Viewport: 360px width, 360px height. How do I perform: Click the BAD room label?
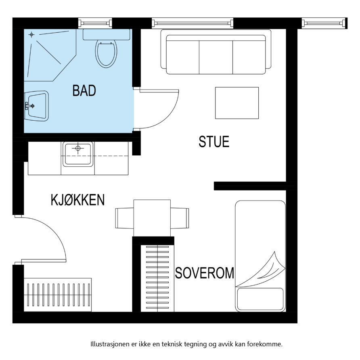84,90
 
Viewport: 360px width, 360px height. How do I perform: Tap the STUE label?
214,141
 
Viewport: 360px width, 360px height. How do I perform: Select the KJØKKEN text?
77,200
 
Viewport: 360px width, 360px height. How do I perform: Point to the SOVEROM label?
205,273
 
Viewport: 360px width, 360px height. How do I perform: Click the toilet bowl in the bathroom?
106,53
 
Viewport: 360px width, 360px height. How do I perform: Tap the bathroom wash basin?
37,106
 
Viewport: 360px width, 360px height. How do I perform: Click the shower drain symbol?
31,35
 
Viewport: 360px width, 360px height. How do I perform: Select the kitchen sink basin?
78,154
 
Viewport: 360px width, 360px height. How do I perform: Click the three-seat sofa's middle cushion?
216,57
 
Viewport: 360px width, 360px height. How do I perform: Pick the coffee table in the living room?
237,103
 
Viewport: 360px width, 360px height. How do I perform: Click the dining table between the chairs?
152,218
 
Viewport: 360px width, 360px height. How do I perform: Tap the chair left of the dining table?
124,218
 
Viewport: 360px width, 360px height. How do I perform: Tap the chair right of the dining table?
180,218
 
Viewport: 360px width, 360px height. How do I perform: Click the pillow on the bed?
260,299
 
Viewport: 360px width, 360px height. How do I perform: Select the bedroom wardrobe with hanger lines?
157,278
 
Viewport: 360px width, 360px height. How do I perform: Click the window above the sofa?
193,23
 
